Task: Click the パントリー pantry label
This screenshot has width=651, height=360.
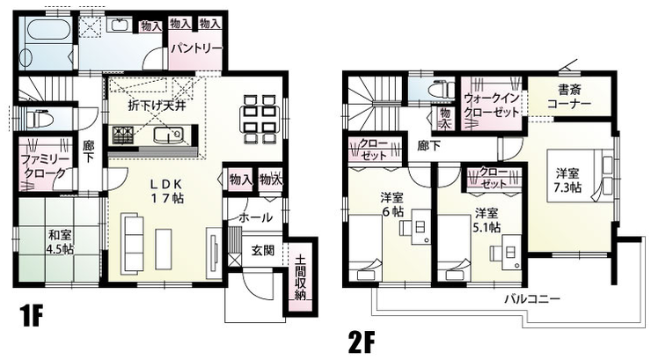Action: click(x=197, y=48)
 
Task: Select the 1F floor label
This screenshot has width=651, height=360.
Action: click(x=30, y=317)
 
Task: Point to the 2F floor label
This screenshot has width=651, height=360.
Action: click(x=362, y=342)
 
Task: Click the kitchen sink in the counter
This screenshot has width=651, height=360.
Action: click(x=169, y=135)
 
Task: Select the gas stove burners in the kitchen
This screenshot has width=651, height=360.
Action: click(x=124, y=134)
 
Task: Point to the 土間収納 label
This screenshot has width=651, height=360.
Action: click(x=301, y=277)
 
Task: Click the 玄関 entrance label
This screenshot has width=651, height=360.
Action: click(x=263, y=250)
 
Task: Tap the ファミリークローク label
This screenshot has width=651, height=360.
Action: click(x=44, y=165)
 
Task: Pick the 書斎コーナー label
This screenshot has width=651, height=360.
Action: click(x=569, y=96)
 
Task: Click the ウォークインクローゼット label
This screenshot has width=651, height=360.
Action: click(x=492, y=106)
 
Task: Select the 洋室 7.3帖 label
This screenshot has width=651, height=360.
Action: click(x=567, y=180)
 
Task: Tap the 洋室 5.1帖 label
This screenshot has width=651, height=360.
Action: click(x=486, y=220)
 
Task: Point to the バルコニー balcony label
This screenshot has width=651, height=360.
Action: click(x=532, y=298)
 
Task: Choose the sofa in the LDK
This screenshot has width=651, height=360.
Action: click(x=132, y=243)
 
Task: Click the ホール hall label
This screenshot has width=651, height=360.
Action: click(x=256, y=217)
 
